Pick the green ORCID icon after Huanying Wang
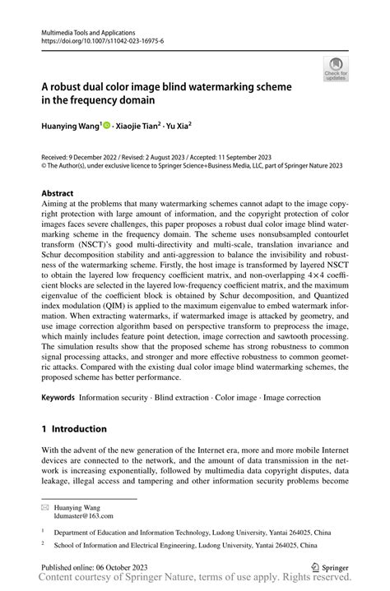[x=107, y=124]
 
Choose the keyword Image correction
[x=293, y=396]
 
